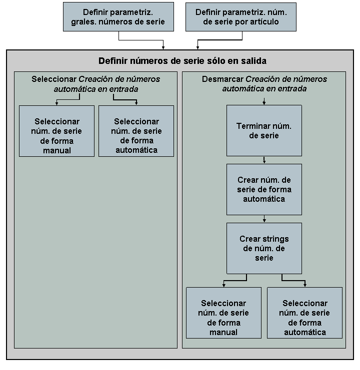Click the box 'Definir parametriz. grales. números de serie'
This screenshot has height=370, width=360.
pos(118,17)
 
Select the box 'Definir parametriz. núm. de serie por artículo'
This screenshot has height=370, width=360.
pos(240,17)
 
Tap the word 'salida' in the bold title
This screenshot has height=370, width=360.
pos(252,61)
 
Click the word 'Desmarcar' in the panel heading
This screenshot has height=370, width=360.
pos(222,79)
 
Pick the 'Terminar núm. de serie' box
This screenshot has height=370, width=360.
pos(264,130)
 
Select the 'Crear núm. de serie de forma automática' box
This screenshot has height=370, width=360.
pos(264,189)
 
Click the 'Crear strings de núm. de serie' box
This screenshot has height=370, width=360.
pos(264,248)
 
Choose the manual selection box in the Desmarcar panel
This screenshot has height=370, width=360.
pos(223,313)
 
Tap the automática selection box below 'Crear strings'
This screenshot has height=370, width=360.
pos(305,313)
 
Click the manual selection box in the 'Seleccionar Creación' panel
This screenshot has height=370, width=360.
pos(56,131)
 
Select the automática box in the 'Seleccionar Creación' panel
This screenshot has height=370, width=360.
pos(136,131)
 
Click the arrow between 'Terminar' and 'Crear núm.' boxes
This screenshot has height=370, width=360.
pos(264,160)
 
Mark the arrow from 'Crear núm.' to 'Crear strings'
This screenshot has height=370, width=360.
pos(264,219)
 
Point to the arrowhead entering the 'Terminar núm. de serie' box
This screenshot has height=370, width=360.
pos(264,102)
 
